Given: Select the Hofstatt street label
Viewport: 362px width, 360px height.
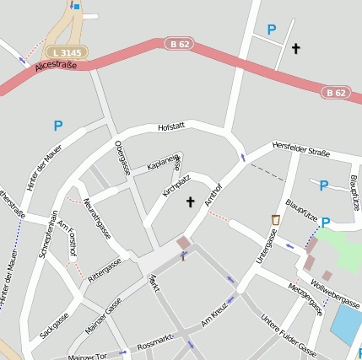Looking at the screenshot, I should tap(170, 127).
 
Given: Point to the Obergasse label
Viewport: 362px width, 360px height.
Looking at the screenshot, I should tap(122, 158).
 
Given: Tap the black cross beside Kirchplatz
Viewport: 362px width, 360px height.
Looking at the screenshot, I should tap(190, 201).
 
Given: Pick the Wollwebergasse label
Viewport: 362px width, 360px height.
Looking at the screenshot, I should tap(335, 291).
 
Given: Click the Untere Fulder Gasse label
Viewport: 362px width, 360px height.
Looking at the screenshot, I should tap(288, 336).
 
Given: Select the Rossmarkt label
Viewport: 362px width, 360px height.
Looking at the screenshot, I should tap(154, 339).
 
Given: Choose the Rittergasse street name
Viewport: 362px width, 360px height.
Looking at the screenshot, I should tap(105, 267).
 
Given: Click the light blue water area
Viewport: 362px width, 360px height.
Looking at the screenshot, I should tap(346, 324).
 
